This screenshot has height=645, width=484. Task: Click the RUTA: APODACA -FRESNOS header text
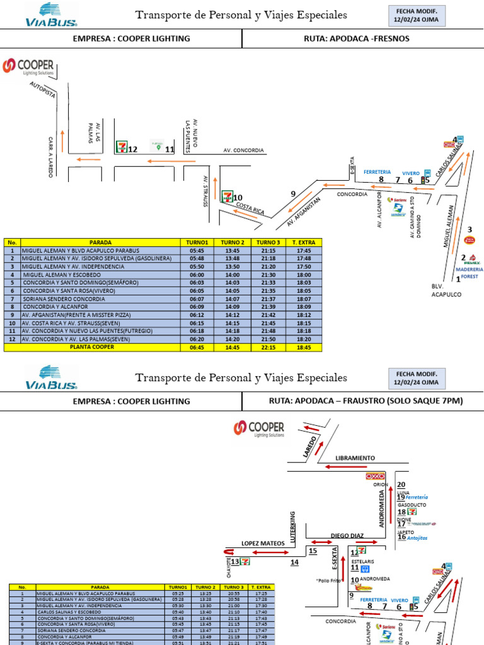(x=356, y=38)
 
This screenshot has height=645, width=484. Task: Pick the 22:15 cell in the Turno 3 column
(x=268, y=347)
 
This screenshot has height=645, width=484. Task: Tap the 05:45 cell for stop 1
(x=196, y=250)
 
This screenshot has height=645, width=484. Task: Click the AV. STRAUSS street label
(x=205, y=191)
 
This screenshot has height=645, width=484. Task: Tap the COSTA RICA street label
(x=249, y=208)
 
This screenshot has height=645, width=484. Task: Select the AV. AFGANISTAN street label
(x=304, y=212)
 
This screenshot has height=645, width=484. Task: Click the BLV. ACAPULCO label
(x=446, y=290)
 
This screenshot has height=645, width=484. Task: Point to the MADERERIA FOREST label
(x=466, y=273)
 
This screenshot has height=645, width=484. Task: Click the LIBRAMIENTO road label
(x=355, y=458)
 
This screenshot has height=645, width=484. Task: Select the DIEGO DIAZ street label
(x=347, y=535)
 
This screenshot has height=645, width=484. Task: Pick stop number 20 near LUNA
(x=401, y=484)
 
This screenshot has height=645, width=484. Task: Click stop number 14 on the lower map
(x=294, y=562)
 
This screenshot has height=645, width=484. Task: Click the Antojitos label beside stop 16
(x=417, y=539)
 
